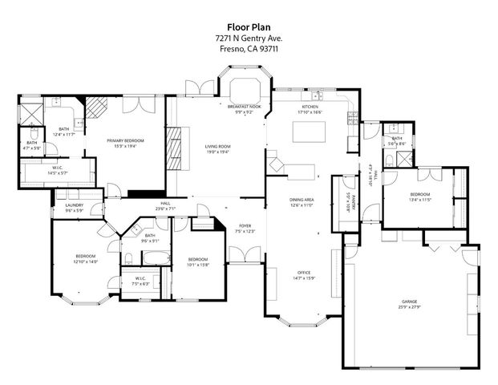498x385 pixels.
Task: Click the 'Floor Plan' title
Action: click(x=249, y=26)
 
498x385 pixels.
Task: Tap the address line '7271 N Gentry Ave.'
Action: click(x=249, y=38)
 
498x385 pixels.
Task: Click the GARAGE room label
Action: click(x=409, y=302)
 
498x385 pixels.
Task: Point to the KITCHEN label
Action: click(x=310, y=107)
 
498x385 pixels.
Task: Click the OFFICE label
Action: click(x=302, y=274)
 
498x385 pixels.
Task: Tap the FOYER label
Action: click(x=245, y=226)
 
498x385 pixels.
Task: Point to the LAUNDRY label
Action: click(x=75, y=206)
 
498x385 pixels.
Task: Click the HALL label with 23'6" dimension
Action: click(x=165, y=204)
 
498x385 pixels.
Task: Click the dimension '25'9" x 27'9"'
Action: click(x=409, y=307)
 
